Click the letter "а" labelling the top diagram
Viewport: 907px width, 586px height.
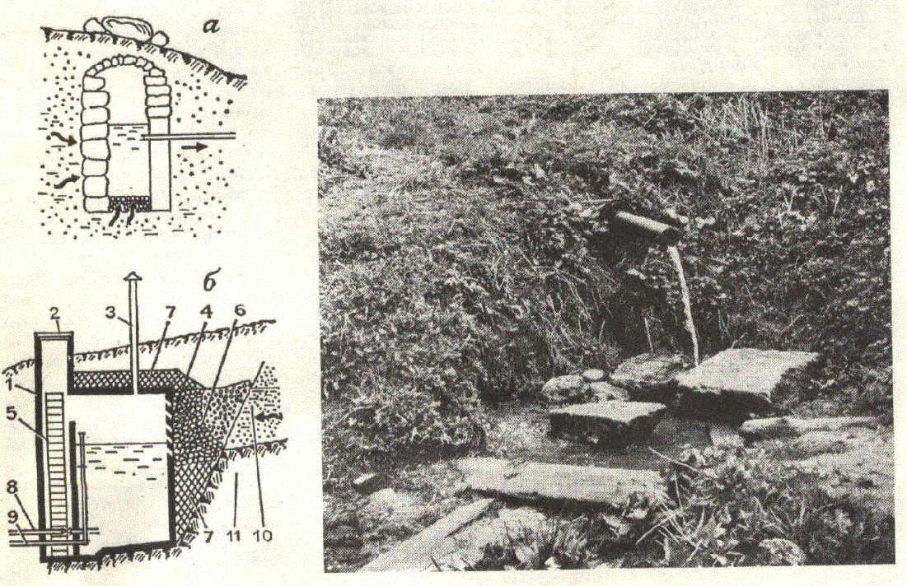(211, 26)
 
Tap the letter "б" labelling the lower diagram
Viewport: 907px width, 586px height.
(209, 281)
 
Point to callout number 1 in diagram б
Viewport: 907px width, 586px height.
(13, 384)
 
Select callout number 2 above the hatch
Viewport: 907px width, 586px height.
(55, 314)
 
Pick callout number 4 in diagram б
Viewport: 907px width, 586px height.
(206, 312)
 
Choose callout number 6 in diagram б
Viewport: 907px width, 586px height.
(240, 311)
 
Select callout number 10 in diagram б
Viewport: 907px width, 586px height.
(263, 536)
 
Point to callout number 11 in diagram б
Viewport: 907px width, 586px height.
(232, 536)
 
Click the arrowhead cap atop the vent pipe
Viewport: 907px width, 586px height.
(133, 277)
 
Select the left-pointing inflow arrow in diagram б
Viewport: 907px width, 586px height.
(269, 416)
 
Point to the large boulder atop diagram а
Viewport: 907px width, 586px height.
(124, 27)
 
